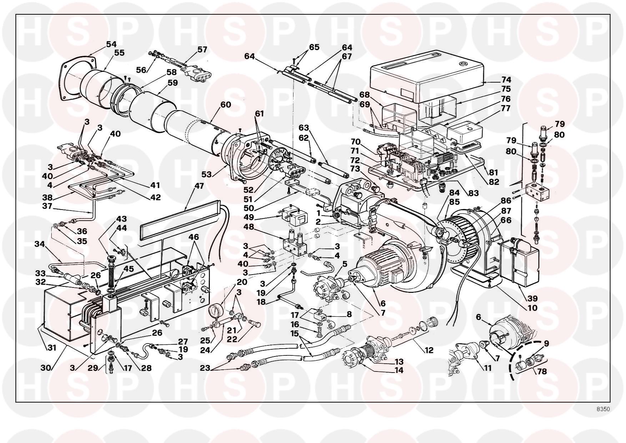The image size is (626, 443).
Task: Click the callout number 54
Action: [x=111, y=44]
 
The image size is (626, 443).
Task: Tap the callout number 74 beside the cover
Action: [x=506, y=80]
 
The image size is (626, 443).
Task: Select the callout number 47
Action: [x=199, y=186]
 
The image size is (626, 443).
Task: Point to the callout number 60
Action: [x=226, y=105]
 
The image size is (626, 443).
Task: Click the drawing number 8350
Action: [x=603, y=409]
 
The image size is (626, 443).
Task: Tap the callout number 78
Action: [x=542, y=371]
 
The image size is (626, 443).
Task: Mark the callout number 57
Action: [x=202, y=49]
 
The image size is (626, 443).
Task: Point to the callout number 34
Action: [x=40, y=244]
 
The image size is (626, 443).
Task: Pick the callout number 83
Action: [x=473, y=193]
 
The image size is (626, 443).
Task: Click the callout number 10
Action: [x=532, y=308]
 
